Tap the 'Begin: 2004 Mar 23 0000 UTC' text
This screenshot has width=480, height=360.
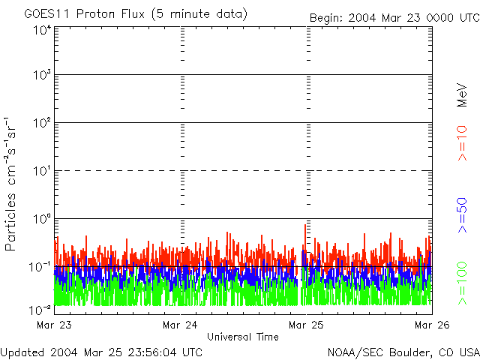394,16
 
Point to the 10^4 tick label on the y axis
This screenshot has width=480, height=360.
42,29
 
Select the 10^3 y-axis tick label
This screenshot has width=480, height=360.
42,76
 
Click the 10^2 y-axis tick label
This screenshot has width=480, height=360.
42,123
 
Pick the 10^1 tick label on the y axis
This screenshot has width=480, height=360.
42,171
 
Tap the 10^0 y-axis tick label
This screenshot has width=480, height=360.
42,219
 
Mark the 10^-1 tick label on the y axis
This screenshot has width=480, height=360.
40,266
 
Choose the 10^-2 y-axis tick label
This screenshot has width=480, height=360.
40,309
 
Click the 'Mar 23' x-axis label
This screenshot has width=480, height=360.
54,325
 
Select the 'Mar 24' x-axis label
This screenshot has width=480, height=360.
180,325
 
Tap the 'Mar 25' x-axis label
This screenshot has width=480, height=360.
306,325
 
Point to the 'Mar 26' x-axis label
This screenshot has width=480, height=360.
432,325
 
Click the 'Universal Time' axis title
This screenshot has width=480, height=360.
243,337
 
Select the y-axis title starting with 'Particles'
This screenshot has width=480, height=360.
11,183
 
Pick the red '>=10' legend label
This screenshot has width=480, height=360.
463,143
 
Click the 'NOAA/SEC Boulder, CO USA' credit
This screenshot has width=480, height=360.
403,352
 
